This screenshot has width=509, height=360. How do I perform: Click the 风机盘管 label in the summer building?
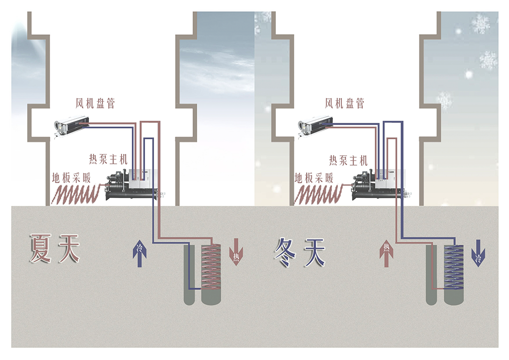click(95, 104)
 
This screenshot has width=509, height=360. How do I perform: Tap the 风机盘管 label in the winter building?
click(345, 104)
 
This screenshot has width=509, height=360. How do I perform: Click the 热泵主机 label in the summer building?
click(108, 159)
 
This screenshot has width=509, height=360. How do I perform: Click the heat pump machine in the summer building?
click(132, 185)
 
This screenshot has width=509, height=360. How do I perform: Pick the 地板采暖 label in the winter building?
click(314, 178)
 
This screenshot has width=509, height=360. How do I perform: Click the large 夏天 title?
click(55, 248)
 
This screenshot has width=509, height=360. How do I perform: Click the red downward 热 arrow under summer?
click(236, 252)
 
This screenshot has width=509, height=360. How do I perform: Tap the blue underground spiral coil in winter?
click(454, 267)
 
